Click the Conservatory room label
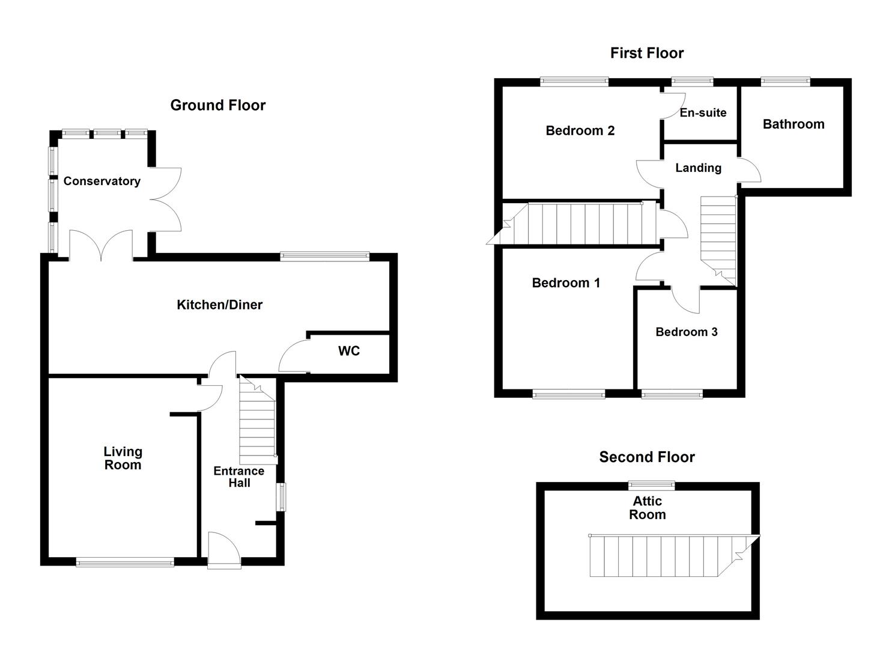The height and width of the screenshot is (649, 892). (x=102, y=181)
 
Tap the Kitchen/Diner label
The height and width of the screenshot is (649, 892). (x=219, y=305)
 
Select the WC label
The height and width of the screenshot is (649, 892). (x=348, y=351)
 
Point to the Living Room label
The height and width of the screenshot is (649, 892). (x=123, y=458)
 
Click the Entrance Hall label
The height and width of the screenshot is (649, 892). (x=238, y=477)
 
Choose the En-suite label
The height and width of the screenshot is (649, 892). (x=703, y=113)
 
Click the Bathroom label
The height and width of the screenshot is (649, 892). (x=793, y=124)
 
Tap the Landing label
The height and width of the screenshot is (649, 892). (x=698, y=168)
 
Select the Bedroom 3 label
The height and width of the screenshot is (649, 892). (x=686, y=332)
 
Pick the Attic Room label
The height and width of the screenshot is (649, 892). (x=647, y=508)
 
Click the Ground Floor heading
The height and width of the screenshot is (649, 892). (x=217, y=105)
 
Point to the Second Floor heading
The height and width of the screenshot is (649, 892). (x=646, y=457)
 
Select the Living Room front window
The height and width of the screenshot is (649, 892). (x=125, y=562)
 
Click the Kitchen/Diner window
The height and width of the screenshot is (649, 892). (x=324, y=257)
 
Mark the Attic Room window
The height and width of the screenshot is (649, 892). (x=651, y=486)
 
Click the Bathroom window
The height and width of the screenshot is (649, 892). (x=785, y=82)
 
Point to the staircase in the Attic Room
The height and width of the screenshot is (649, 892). (x=661, y=556)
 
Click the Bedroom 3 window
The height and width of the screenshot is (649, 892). (x=672, y=394)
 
